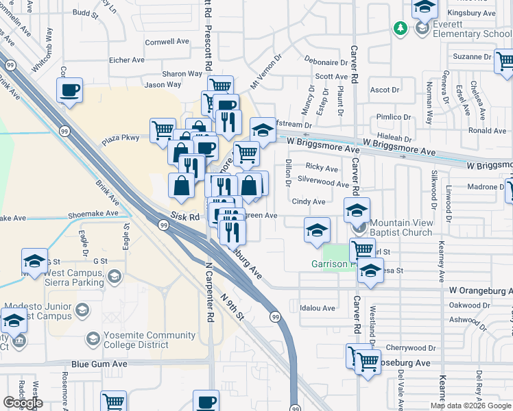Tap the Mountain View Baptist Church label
click(x=402, y=228)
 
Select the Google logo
click(x=23, y=403)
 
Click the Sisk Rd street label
click(x=184, y=216)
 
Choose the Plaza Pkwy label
click(x=121, y=138)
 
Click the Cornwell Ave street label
click(x=167, y=41)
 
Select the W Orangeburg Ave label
click(x=480, y=290)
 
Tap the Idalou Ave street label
click(x=317, y=308)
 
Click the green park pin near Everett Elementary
click(x=400, y=28)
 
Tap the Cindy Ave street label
click(x=309, y=202)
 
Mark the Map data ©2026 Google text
click(x=470, y=406)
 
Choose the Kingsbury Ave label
click(x=471, y=13)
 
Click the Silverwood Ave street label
click(x=324, y=183)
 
